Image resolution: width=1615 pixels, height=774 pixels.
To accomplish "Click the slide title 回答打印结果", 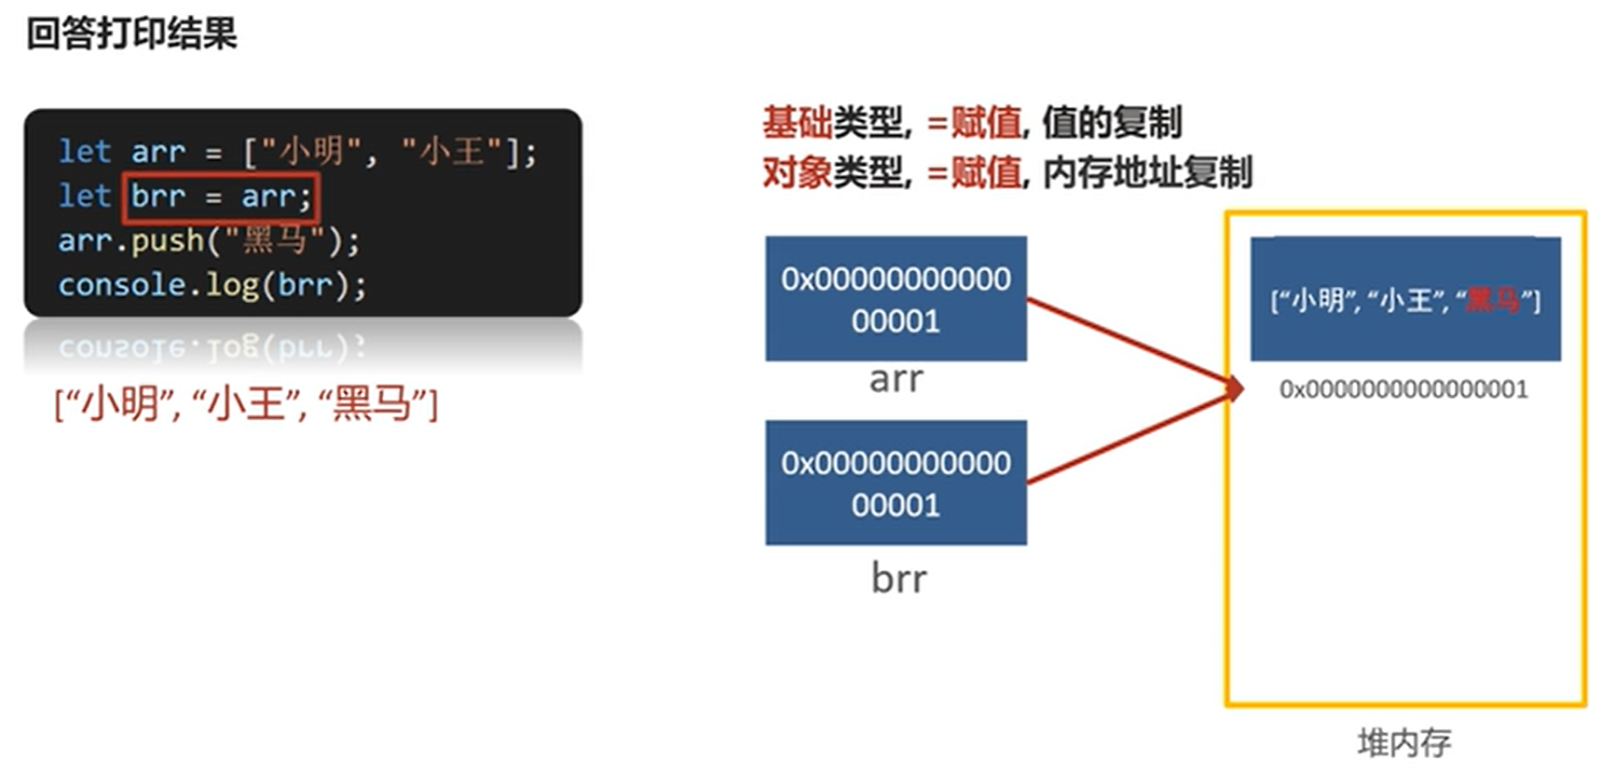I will pos(131,34).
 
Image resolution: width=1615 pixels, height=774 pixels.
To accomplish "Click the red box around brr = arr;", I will pos(221,197).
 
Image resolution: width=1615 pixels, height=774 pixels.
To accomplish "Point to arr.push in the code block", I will pos(130,241).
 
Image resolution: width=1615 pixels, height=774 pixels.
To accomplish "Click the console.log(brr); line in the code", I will pos(212,285).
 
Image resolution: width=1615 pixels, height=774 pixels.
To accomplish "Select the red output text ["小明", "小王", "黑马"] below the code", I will pos(246,404).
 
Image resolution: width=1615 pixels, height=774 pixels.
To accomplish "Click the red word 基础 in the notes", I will pos(797,122).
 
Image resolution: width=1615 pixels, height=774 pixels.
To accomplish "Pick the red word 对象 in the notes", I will pos(797,172).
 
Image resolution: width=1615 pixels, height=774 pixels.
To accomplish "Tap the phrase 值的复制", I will pos(1112,122).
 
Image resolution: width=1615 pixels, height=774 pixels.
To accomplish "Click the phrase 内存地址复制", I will pos(1147,172).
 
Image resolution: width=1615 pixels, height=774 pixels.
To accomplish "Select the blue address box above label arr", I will pos(896,298).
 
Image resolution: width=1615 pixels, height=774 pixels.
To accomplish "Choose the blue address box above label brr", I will pos(896,482).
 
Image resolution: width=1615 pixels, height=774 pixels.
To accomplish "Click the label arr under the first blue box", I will pos(896,379).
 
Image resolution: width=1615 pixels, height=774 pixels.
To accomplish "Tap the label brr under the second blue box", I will pos(898,578).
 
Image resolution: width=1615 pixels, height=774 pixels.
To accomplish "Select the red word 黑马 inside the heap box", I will pos(1492,300).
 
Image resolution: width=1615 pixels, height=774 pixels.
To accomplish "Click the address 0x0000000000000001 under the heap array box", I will pos(1403,389).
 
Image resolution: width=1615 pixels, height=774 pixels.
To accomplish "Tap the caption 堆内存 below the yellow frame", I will pos(1403,742).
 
